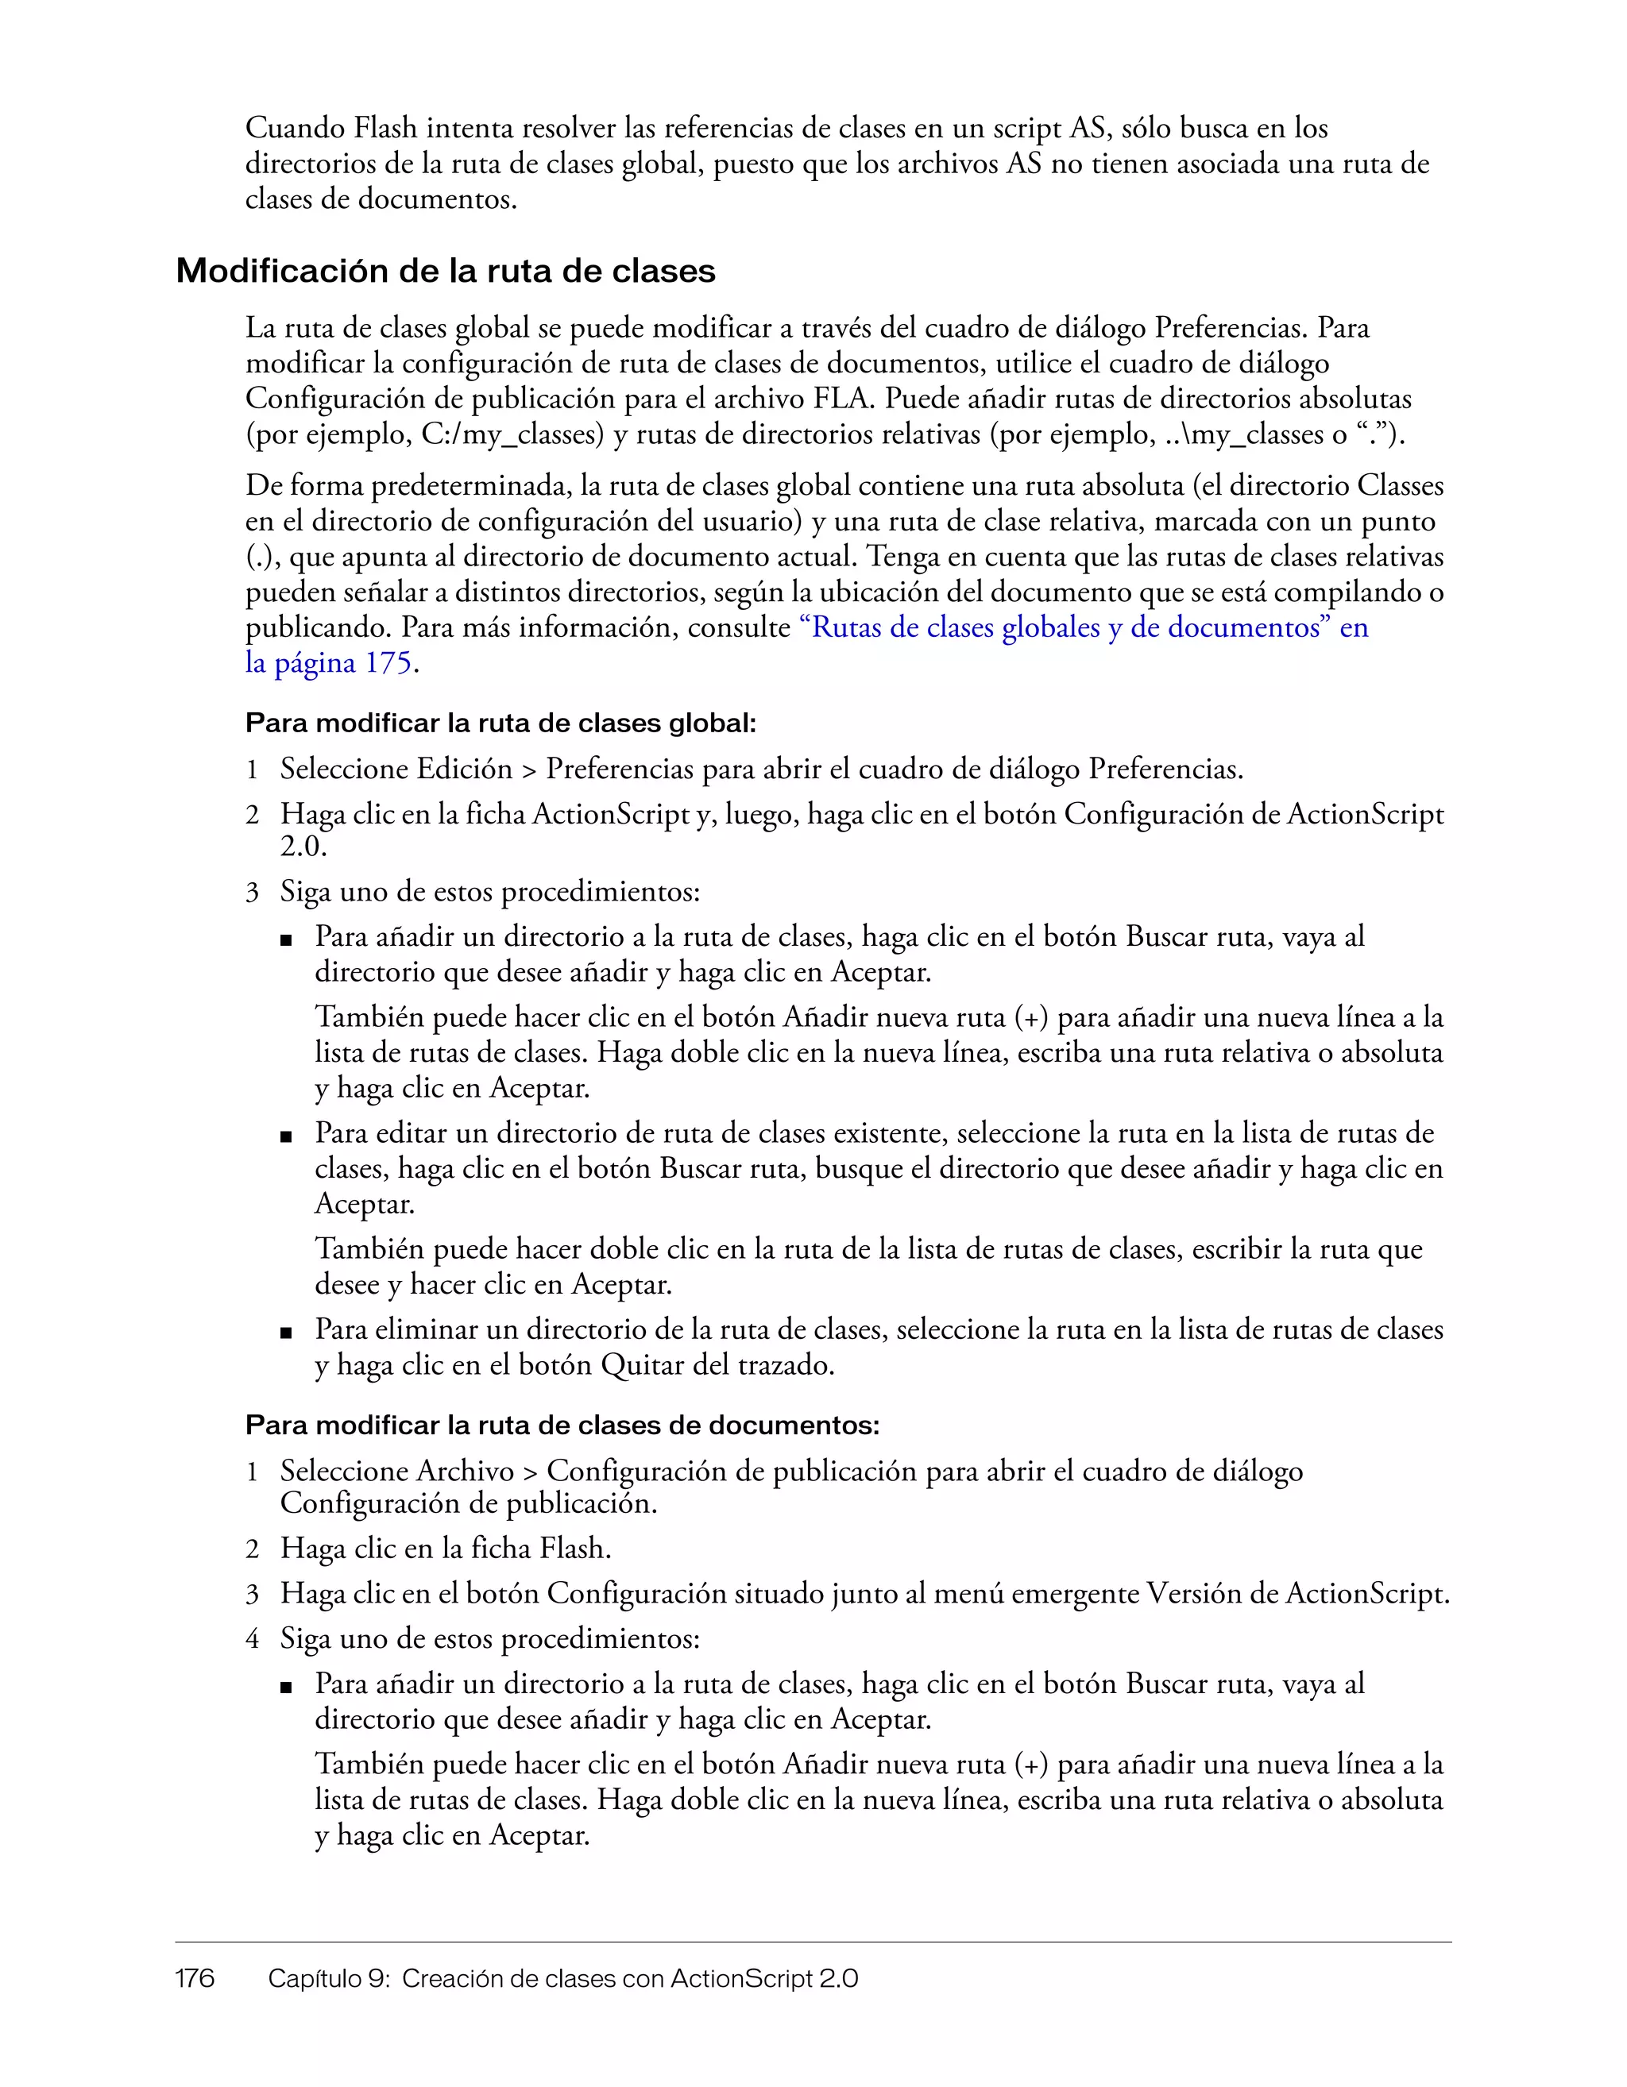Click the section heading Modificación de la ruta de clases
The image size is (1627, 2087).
click(446, 272)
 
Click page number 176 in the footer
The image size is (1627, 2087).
click(195, 1978)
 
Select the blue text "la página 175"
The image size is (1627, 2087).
click(328, 663)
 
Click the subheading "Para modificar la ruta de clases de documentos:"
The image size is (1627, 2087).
click(562, 1425)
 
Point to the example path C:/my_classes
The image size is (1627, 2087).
click(512, 435)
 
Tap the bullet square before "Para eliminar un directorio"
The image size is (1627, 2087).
click(285, 1332)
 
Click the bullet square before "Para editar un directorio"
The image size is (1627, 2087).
click(285, 1136)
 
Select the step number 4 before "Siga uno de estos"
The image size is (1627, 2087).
click(253, 1639)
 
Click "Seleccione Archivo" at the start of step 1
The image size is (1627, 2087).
click(396, 1472)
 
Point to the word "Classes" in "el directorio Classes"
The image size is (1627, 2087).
click(1400, 486)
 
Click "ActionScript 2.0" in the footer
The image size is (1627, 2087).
click(763, 1978)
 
